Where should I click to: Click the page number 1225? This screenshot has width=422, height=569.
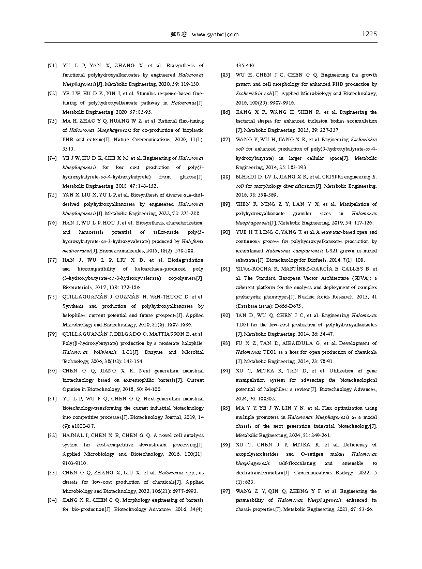[369, 34]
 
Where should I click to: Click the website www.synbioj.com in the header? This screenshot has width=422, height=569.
[215, 35]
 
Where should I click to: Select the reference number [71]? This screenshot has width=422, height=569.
[52, 66]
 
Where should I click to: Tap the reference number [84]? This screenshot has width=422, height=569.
[52, 501]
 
